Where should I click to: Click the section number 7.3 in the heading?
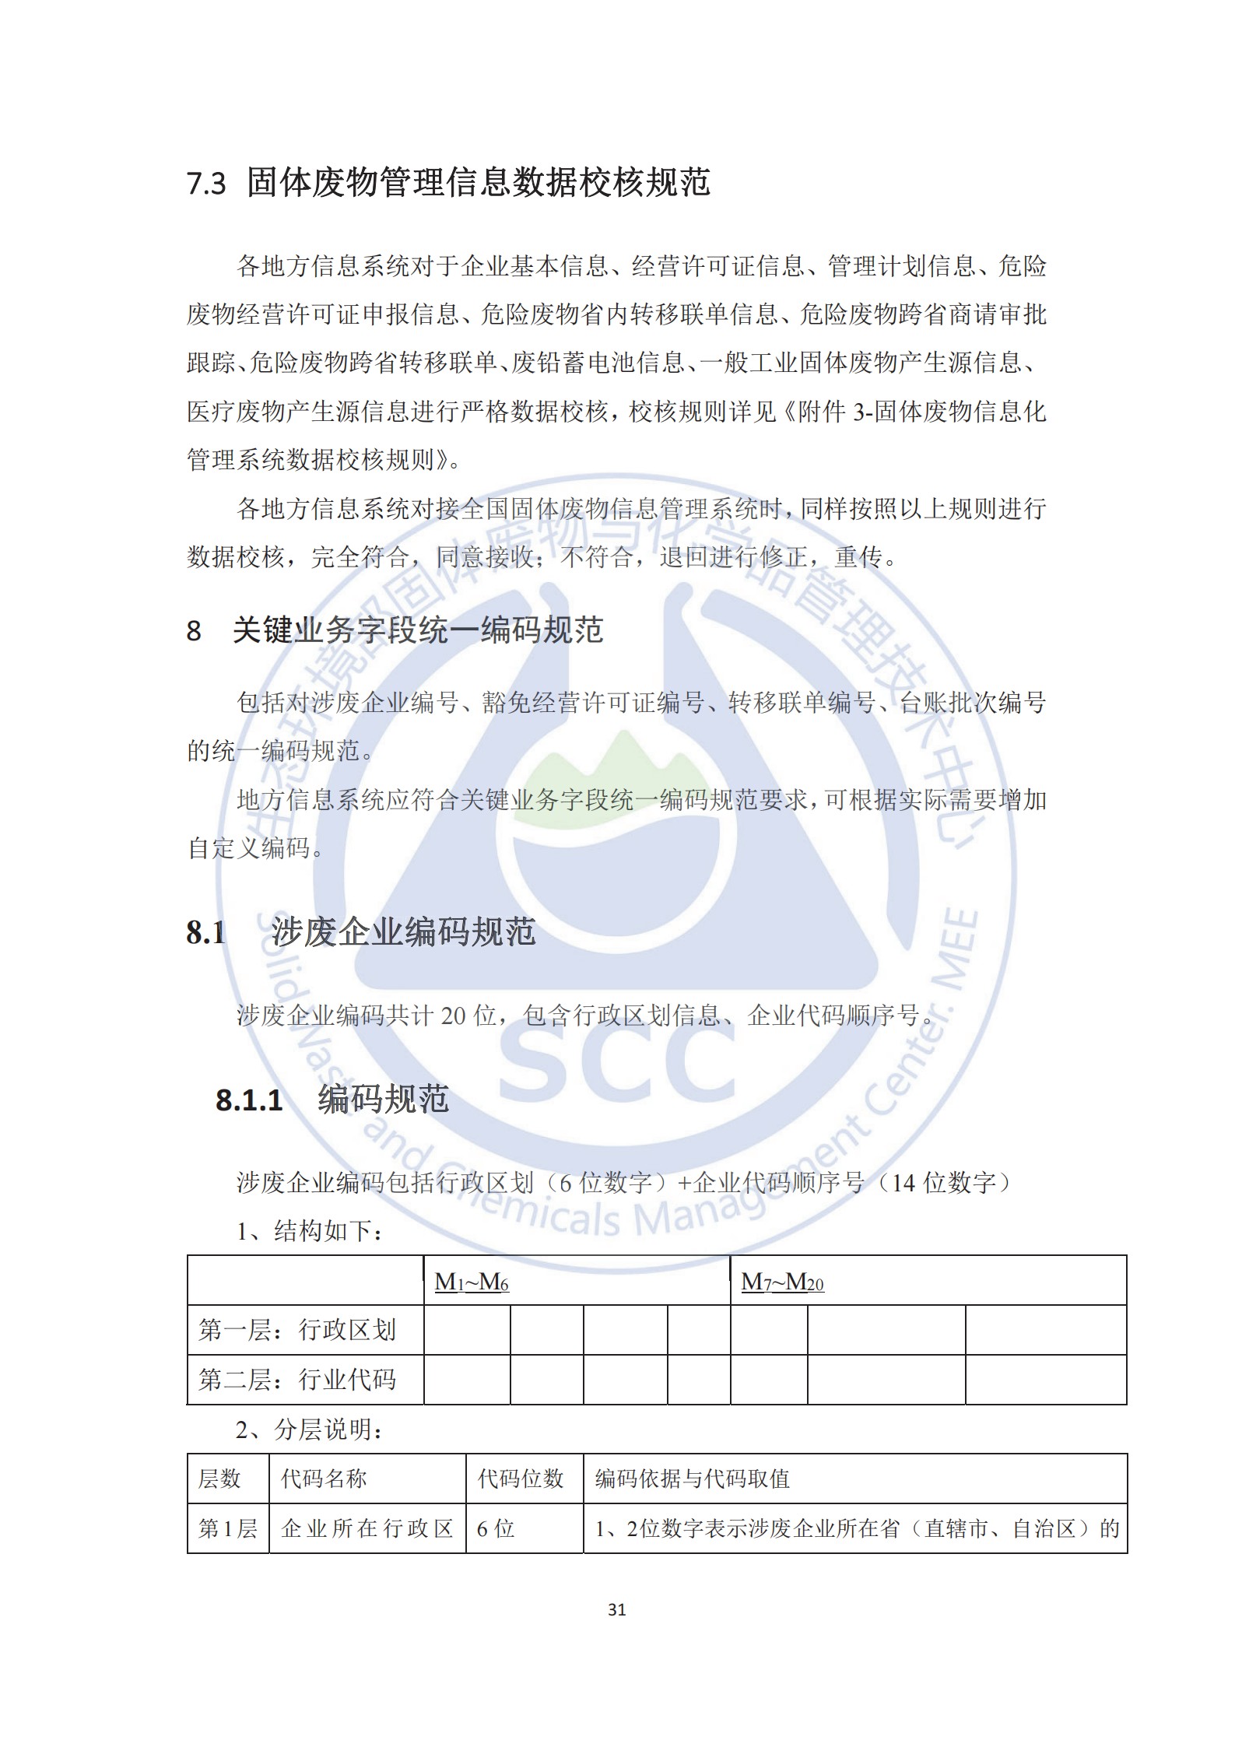(x=206, y=184)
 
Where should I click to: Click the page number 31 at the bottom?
(x=617, y=1609)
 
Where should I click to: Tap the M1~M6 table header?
(x=472, y=1282)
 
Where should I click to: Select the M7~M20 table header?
(x=782, y=1282)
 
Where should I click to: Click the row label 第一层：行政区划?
(x=297, y=1330)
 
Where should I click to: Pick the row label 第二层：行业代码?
(x=297, y=1380)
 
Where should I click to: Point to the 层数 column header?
(x=219, y=1479)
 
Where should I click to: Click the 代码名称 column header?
(x=324, y=1479)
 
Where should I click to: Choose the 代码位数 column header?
(x=520, y=1479)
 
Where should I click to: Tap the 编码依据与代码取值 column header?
(x=693, y=1479)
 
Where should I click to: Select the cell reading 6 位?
(x=496, y=1528)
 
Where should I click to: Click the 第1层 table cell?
(x=227, y=1528)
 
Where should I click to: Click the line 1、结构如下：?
(x=310, y=1231)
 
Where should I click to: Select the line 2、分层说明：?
(x=310, y=1430)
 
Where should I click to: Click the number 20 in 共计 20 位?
(x=454, y=1016)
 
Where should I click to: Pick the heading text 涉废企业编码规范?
(x=403, y=932)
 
